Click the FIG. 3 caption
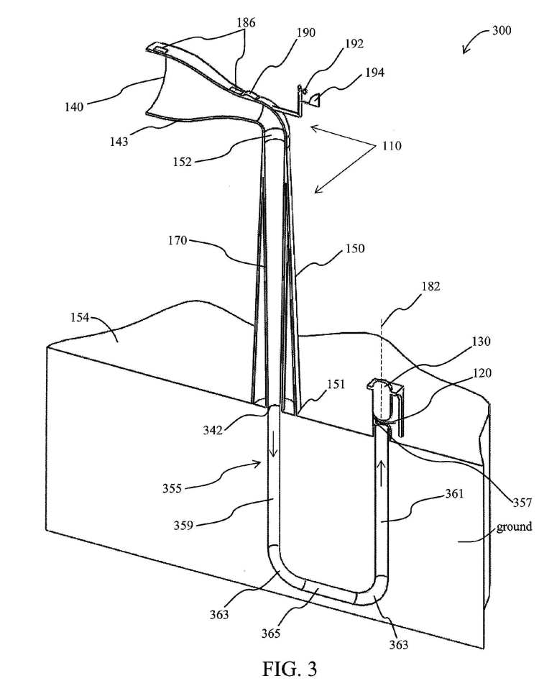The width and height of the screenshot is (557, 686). (x=290, y=668)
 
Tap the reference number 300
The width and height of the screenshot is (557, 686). (x=502, y=30)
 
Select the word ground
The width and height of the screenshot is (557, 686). (x=514, y=526)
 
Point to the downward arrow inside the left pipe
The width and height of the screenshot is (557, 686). (x=272, y=447)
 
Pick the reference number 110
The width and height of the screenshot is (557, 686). (x=392, y=146)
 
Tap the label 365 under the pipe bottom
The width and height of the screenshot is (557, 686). (x=271, y=633)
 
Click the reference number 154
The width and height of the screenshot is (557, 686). (x=80, y=317)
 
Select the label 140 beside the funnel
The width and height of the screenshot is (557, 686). (x=74, y=106)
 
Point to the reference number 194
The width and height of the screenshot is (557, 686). (x=375, y=72)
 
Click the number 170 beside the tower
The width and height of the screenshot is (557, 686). (x=178, y=240)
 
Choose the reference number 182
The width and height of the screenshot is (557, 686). (x=431, y=286)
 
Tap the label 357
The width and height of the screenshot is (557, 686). (x=522, y=503)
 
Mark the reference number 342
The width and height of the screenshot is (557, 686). (x=213, y=430)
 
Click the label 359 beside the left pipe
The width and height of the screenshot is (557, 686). (x=183, y=525)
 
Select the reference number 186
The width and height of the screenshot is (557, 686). (x=246, y=23)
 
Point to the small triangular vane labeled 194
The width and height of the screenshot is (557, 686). (x=316, y=100)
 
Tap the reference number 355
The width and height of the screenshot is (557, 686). (x=172, y=488)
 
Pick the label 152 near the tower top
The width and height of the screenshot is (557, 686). (x=183, y=162)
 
